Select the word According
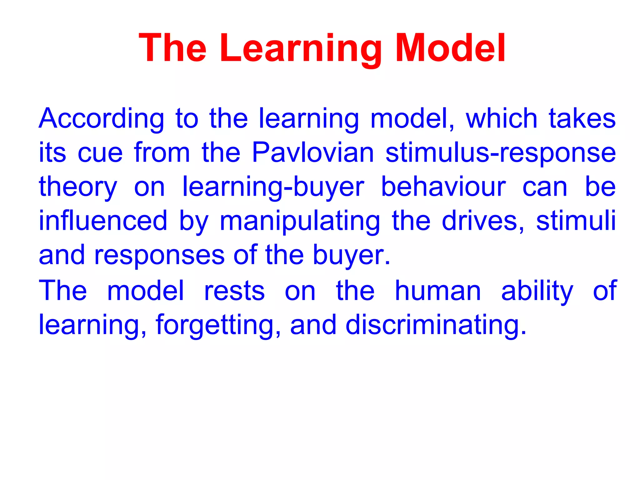pos(101,119)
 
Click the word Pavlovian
pos(313,153)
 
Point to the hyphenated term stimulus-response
pos(500,153)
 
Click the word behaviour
pos(443,187)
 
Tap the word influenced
pos(103,221)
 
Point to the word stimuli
pos(576,221)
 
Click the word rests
pos(234,291)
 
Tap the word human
pos(437,291)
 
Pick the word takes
pos(582,119)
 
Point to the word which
pos(501,119)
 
